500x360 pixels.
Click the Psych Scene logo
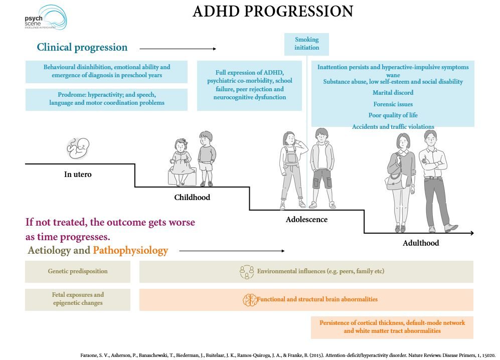(x=45, y=18)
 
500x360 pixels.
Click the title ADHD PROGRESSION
(x=273, y=12)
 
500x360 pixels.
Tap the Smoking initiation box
(x=306, y=44)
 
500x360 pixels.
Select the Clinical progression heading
(x=82, y=48)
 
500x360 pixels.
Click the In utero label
(x=78, y=174)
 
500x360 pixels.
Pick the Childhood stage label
(x=192, y=197)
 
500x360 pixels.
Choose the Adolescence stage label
(x=306, y=220)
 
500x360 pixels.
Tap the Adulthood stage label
(x=421, y=243)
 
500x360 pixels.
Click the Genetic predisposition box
(x=78, y=271)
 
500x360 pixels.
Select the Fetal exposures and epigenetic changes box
(x=78, y=299)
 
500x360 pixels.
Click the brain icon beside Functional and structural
(x=249, y=300)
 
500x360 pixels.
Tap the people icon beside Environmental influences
(x=247, y=272)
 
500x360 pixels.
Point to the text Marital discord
(x=393, y=93)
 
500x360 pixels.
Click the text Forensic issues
(x=393, y=104)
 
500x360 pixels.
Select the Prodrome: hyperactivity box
(x=106, y=99)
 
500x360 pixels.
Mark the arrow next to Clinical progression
(x=178, y=49)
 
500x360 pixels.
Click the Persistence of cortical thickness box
(x=392, y=327)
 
